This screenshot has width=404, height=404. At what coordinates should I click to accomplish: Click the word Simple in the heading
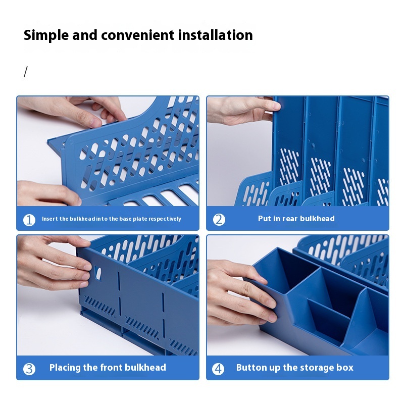pos(46,35)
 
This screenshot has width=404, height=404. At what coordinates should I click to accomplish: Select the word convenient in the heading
pos(137,35)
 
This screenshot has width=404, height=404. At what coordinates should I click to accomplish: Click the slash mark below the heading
pos(26,72)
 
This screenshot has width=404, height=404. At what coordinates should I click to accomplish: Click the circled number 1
pos(29,220)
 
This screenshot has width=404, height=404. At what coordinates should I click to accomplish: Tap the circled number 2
pos(219,220)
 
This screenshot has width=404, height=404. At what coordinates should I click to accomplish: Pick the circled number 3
pos(29,369)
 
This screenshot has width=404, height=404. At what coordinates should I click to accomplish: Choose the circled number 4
pos(218,369)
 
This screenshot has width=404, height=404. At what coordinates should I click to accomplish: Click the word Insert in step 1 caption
pos(49,219)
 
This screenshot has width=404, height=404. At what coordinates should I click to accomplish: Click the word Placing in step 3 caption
pos(65,368)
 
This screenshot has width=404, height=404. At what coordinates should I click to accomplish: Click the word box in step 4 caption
pos(346,368)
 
